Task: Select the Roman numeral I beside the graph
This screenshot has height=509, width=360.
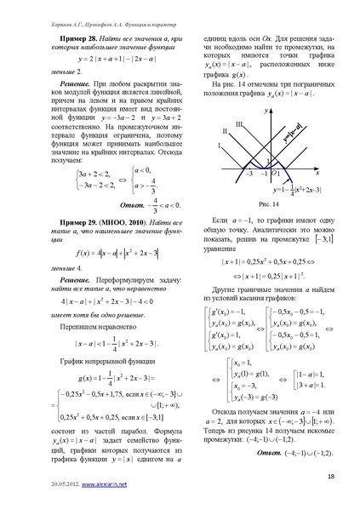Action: coord(220,146)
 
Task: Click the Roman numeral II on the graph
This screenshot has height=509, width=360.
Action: coord(226,132)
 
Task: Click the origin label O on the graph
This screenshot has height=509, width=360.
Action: coord(276,174)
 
